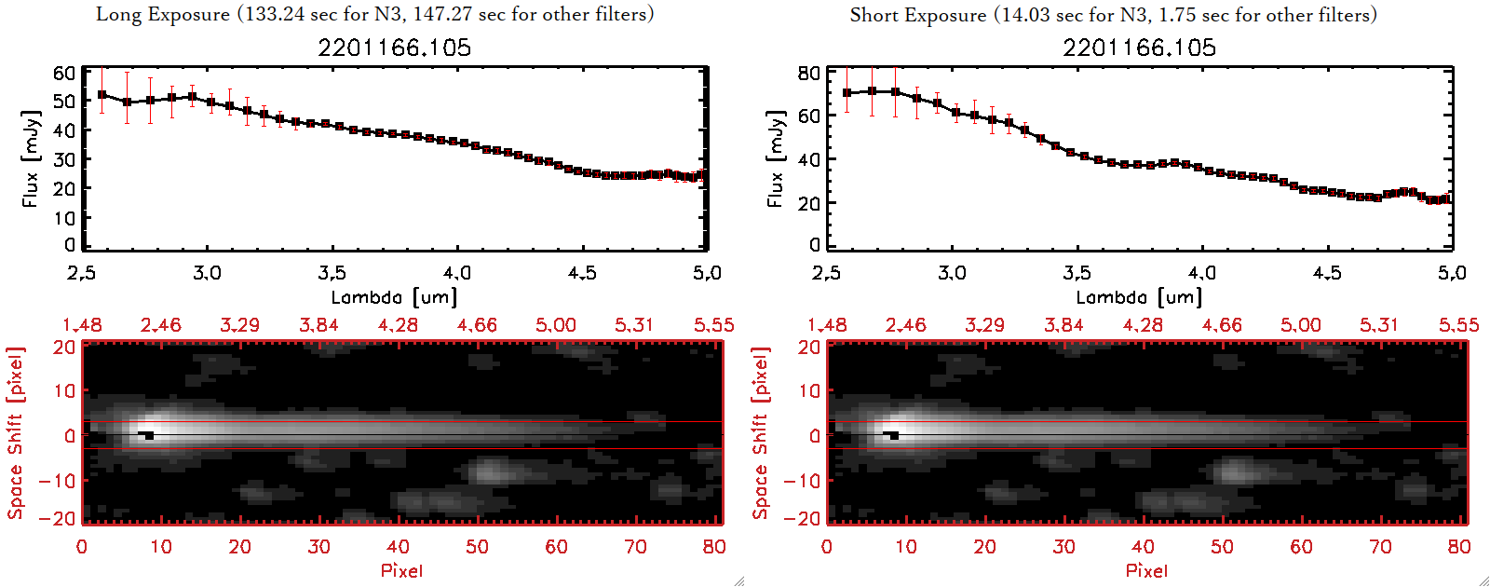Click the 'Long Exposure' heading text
point(163,14)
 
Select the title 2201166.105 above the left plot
point(395,48)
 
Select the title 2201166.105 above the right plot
point(1140,48)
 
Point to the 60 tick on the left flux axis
point(64,73)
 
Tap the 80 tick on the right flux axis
point(809,73)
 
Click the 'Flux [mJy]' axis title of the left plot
point(31,158)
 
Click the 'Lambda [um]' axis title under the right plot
point(1139,297)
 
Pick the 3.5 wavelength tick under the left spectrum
point(332,273)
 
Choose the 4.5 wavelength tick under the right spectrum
point(1327,273)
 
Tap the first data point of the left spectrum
point(102,95)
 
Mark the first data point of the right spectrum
point(847,93)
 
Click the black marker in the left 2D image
point(147,434)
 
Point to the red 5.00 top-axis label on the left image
point(555,325)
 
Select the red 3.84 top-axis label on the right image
point(1063,325)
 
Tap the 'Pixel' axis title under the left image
point(401,570)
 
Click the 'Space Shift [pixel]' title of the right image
point(761,432)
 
